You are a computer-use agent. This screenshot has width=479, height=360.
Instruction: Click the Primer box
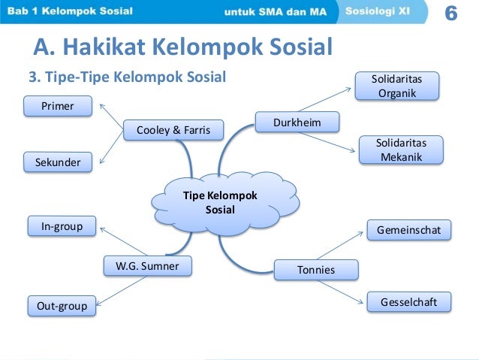coord(58,106)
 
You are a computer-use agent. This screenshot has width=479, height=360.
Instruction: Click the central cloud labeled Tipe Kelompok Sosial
coord(221,202)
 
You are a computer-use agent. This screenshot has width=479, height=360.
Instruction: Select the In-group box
coord(62,225)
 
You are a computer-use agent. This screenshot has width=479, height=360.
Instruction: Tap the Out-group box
coord(62,305)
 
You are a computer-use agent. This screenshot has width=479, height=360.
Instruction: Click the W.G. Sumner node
coord(147,265)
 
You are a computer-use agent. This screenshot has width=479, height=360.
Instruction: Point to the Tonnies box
coord(316,269)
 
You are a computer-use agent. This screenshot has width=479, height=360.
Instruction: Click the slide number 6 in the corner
coord(452,13)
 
